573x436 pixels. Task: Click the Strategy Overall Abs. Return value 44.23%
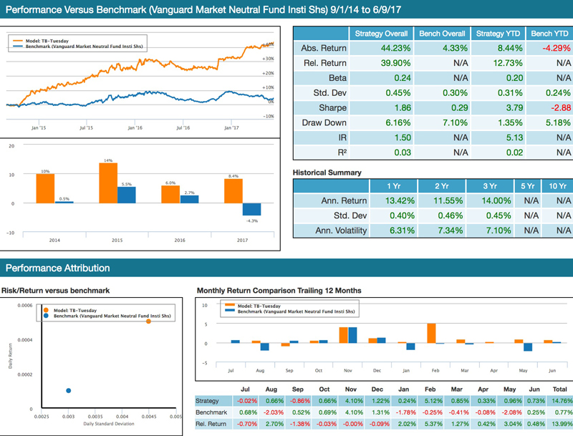pyautogui.click(x=382, y=49)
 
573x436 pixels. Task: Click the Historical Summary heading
pyautogui.click(x=327, y=173)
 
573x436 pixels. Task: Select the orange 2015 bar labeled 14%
pyautogui.click(x=107, y=183)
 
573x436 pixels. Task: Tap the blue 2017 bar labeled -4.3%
pyautogui.click(x=251, y=210)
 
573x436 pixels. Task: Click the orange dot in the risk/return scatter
pyautogui.click(x=148, y=321)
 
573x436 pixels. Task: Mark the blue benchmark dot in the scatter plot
pyautogui.click(x=69, y=390)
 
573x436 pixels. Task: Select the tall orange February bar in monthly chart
pyautogui.click(x=431, y=334)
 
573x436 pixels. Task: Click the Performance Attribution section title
pyautogui.click(x=58, y=268)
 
